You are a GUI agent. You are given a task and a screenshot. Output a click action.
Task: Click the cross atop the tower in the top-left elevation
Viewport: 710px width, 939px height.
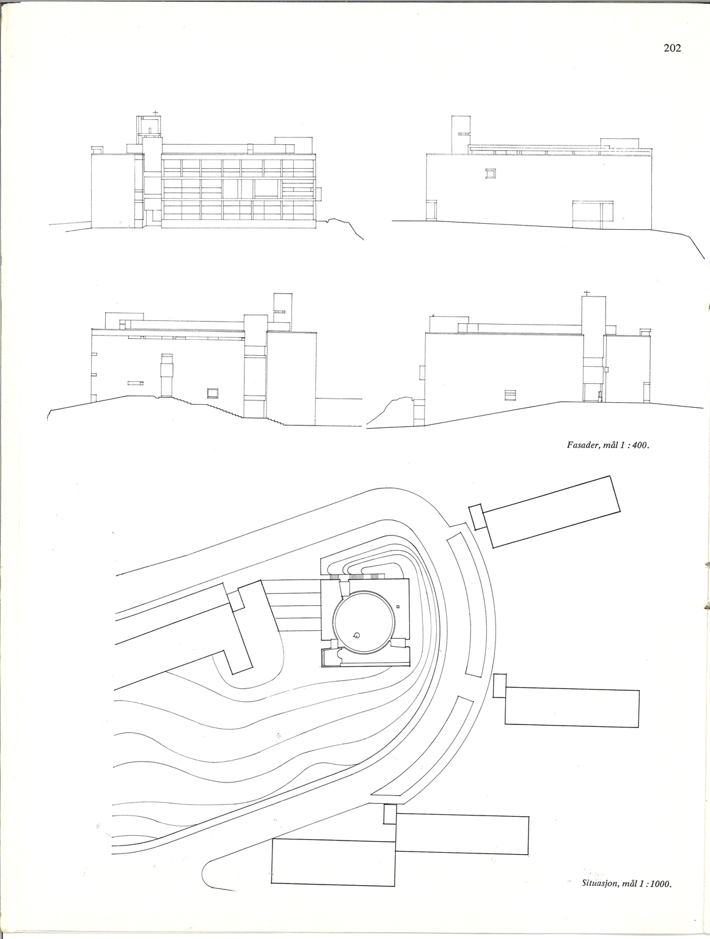[x=156, y=113]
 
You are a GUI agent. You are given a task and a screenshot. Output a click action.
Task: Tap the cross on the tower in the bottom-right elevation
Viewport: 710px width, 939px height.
[x=587, y=293]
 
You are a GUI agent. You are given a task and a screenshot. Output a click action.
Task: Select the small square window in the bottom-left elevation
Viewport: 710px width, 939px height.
[x=213, y=393]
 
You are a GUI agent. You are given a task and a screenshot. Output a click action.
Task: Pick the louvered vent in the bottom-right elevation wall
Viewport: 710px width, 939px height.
[x=510, y=396]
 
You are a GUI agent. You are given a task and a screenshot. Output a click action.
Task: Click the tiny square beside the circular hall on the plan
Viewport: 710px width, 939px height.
[x=398, y=606]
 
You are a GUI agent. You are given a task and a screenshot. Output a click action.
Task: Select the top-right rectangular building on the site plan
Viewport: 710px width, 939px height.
[x=551, y=511]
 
